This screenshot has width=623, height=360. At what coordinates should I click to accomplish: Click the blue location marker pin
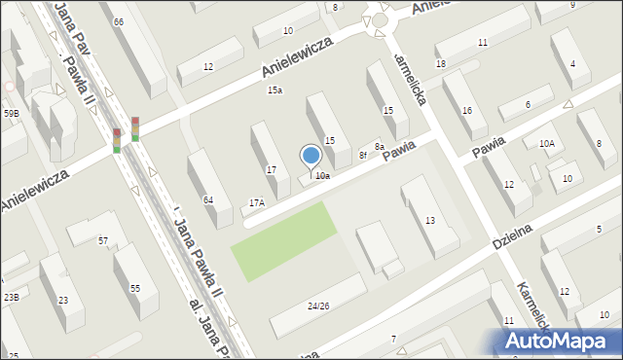311,156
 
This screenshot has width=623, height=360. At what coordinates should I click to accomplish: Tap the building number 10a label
322,176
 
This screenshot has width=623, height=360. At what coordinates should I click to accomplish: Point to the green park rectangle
283,239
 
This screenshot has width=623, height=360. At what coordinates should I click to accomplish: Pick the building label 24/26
318,306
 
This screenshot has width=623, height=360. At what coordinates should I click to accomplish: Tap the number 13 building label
429,222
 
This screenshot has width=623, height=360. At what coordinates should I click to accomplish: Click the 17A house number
257,202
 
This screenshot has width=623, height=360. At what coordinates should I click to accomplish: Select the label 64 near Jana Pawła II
208,199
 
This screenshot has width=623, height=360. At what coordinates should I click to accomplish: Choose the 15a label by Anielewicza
275,90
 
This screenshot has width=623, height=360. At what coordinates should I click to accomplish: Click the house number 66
118,21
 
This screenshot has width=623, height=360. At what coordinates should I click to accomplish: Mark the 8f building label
362,155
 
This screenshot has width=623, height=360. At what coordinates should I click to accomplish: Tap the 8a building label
380,146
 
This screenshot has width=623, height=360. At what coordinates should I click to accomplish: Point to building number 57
102,240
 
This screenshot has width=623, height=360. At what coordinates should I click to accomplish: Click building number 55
135,288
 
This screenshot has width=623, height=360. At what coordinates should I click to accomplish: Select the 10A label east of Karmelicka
547,144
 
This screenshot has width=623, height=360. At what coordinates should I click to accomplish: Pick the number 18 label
441,64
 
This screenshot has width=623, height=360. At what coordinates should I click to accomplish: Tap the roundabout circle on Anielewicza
380,19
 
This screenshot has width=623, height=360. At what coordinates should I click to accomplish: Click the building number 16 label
467,111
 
